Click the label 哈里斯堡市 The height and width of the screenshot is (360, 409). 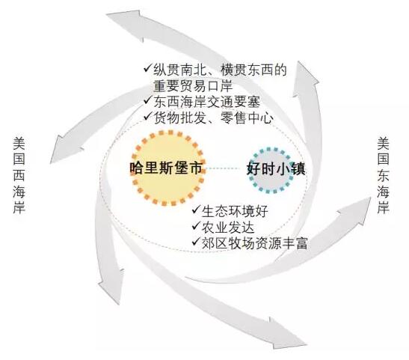coord(166,168)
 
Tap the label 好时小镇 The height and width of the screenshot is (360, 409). coord(276,168)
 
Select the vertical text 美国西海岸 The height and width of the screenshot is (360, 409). coord(19,175)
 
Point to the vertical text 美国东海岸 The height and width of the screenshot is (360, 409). coord(383,175)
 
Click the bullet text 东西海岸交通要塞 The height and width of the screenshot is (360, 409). coord(207,102)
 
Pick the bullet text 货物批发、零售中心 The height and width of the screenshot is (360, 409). coord(214,118)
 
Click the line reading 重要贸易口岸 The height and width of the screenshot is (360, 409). coord(193,86)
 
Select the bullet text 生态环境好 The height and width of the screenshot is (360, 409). coord(235,211)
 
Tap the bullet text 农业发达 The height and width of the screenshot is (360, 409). coord(228,227)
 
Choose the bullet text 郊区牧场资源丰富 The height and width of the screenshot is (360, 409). coord(254,242)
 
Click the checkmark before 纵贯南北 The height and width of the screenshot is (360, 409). coord(147,68)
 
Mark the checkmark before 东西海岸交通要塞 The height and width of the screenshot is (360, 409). coord(147,100)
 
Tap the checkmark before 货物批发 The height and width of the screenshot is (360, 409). coord(147,116)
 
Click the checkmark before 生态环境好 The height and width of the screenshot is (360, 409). coord(196,210)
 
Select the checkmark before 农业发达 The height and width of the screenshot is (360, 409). coord(196,225)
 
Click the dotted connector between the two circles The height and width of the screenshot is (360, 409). coord(226,168)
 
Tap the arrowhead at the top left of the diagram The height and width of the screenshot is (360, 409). coord(125,23)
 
